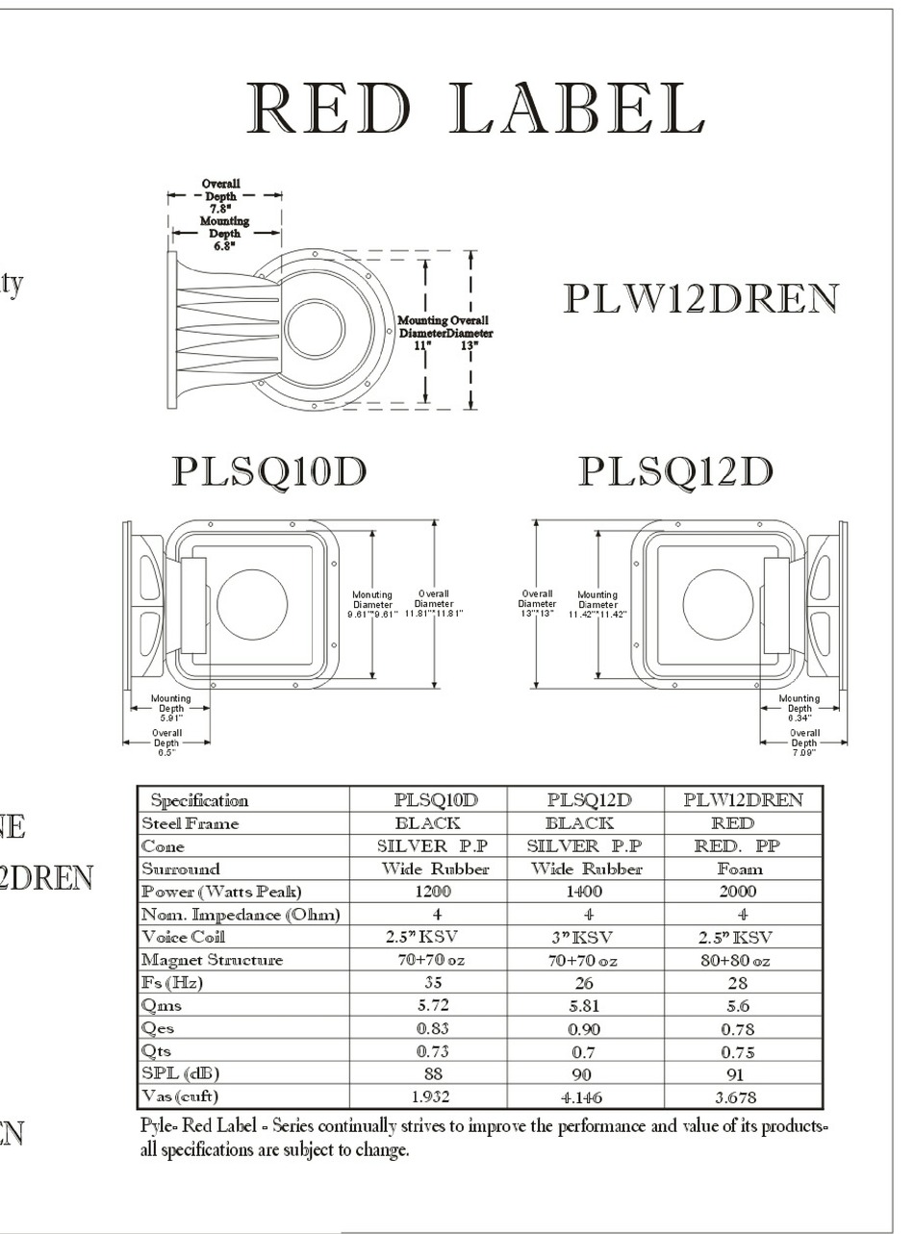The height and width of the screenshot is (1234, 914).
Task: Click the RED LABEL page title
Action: (x=475, y=108)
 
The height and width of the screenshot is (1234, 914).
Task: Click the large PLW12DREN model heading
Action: (x=700, y=300)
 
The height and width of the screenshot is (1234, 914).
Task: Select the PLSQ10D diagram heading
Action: (x=268, y=472)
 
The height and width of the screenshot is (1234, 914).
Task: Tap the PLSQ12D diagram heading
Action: (x=675, y=472)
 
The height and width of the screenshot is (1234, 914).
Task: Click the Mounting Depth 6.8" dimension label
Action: (x=224, y=233)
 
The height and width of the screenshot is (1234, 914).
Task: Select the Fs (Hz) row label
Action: (x=173, y=983)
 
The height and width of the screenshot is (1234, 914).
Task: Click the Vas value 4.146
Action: (x=583, y=1096)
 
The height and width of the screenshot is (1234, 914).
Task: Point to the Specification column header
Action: (x=199, y=800)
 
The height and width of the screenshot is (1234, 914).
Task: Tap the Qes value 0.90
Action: (x=583, y=1028)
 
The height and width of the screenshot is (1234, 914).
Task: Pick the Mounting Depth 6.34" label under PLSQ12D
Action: (x=799, y=708)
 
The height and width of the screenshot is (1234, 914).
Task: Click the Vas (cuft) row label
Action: (x=180, y=1096)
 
